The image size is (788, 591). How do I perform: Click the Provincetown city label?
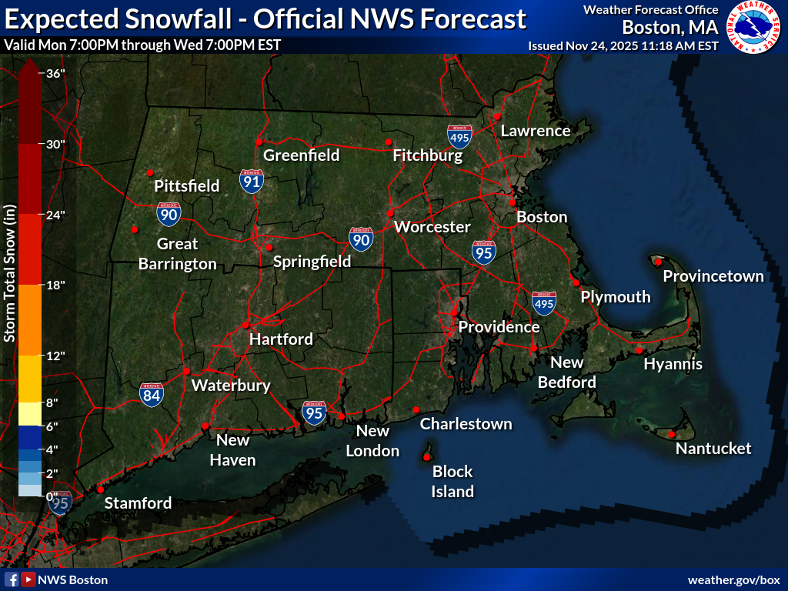click(713, 276)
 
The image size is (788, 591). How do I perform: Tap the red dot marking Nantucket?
click(671, 435)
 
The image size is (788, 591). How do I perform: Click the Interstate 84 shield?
click(152, 395)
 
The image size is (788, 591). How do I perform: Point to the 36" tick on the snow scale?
click(54, 74)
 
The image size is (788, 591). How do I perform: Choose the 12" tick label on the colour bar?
click(54, 356)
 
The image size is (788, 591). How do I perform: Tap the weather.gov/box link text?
click(733, 579)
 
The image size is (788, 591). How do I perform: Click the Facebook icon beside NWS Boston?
click(12, 579)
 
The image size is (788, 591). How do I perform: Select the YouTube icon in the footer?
click(28, 579)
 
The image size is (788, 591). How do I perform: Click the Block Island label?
click(452, 482)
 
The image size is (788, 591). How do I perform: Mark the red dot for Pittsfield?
click(150, 172)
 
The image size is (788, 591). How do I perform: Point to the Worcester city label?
click(432, 227)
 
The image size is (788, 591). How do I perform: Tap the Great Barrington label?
click(178, 254)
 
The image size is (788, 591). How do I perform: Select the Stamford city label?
click(138, 503)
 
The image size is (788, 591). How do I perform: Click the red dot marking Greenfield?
click(259, 142)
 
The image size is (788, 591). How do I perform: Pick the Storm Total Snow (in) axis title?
click(10, 273)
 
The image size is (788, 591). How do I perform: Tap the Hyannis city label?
click(673, 364)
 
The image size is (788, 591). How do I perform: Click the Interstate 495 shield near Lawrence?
click(459, 137)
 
